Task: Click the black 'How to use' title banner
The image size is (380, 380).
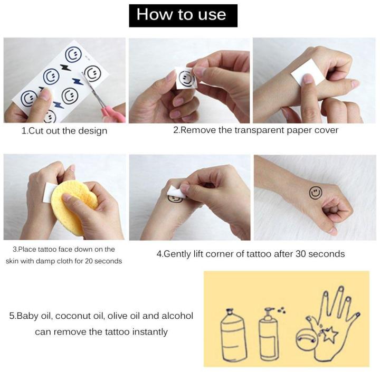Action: (x=183, y=15)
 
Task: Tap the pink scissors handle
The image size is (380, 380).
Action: (x=113, y=113)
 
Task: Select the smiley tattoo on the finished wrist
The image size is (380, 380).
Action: (x=316, y=193)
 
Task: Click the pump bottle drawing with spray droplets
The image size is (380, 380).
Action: (x=270, y=335)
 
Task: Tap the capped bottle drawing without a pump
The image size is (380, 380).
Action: (x=233, y=336)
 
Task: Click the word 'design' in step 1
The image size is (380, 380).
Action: (x=93, y=131)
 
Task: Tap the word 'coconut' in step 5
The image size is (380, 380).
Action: (x=74, y=316)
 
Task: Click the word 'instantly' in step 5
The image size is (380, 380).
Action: (x=150, y=332)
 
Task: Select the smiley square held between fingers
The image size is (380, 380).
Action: (x=186, y=78)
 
